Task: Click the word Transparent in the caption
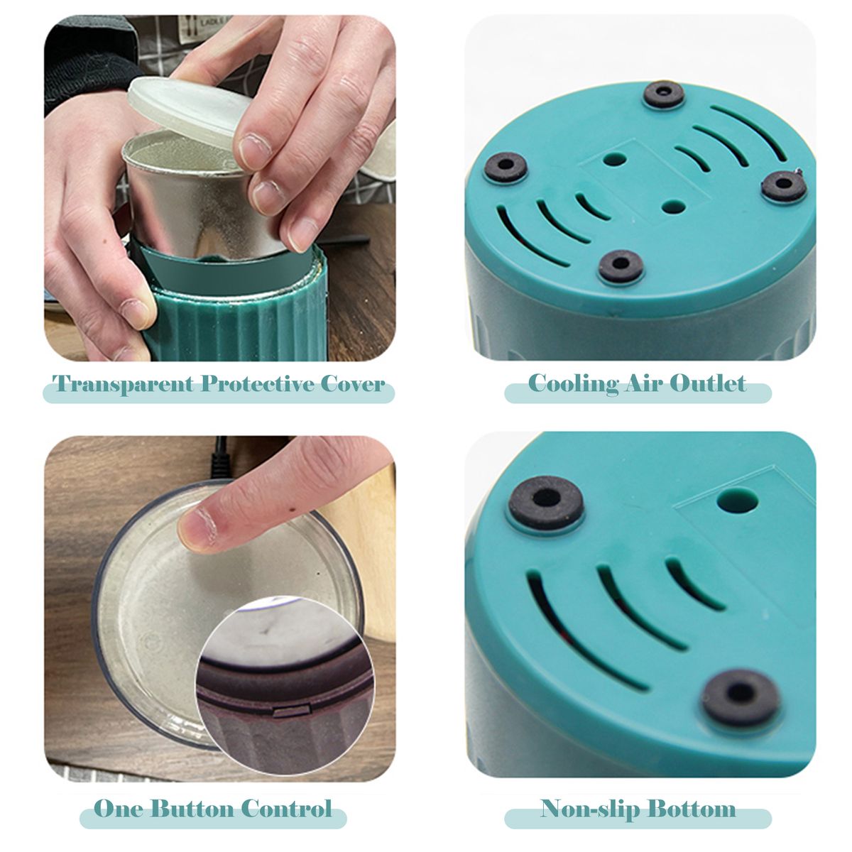point(123,383)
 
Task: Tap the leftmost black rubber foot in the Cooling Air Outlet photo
point(506,167)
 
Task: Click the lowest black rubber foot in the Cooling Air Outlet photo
point(621,266)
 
